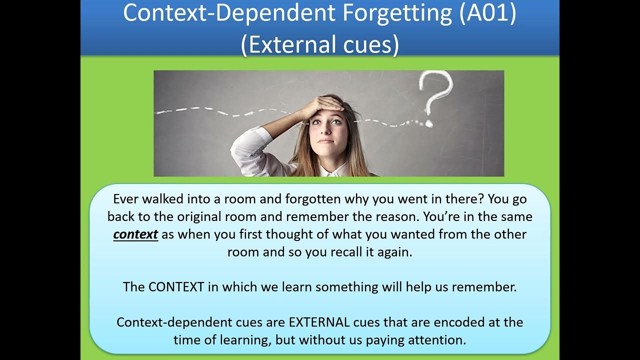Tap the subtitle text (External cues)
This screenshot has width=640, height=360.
320,44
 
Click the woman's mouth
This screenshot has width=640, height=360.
325,141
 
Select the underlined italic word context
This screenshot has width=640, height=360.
135,234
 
